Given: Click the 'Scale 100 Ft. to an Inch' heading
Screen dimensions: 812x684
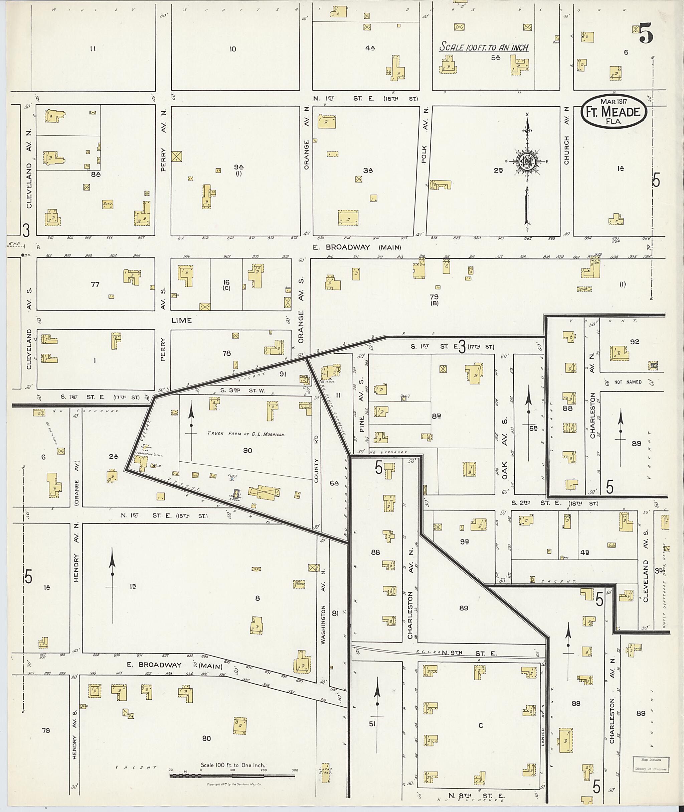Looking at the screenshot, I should [x=484, y=47].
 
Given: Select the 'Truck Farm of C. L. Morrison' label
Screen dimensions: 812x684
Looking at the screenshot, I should [x=246, y=434].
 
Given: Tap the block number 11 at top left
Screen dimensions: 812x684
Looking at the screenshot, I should [x=93, y=49].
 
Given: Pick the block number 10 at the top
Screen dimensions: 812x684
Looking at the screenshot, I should [x=233, y=49].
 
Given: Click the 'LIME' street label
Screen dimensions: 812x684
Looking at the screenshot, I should [x=181, y=320].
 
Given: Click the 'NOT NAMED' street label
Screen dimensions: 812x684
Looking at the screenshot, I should [x=628, y=382].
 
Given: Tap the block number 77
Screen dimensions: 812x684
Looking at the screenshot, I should [x=95, y=284].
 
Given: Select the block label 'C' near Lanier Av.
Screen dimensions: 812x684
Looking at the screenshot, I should [x=481, y=725].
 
